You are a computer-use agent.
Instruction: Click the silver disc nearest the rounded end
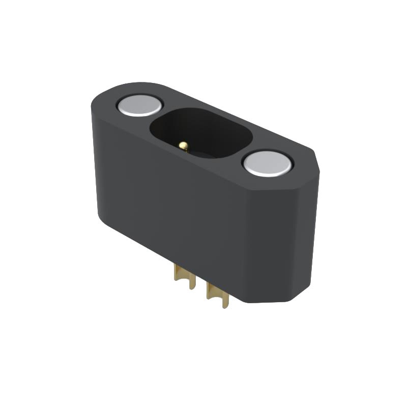click(x=139, y=105)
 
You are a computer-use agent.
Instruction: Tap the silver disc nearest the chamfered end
click(x=268, y=163)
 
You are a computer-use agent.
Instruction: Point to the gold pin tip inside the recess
click(x=184, y=146)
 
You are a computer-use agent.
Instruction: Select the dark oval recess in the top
click(x=201, y=133)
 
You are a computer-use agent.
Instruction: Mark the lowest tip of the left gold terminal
click(x=192, y=287)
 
